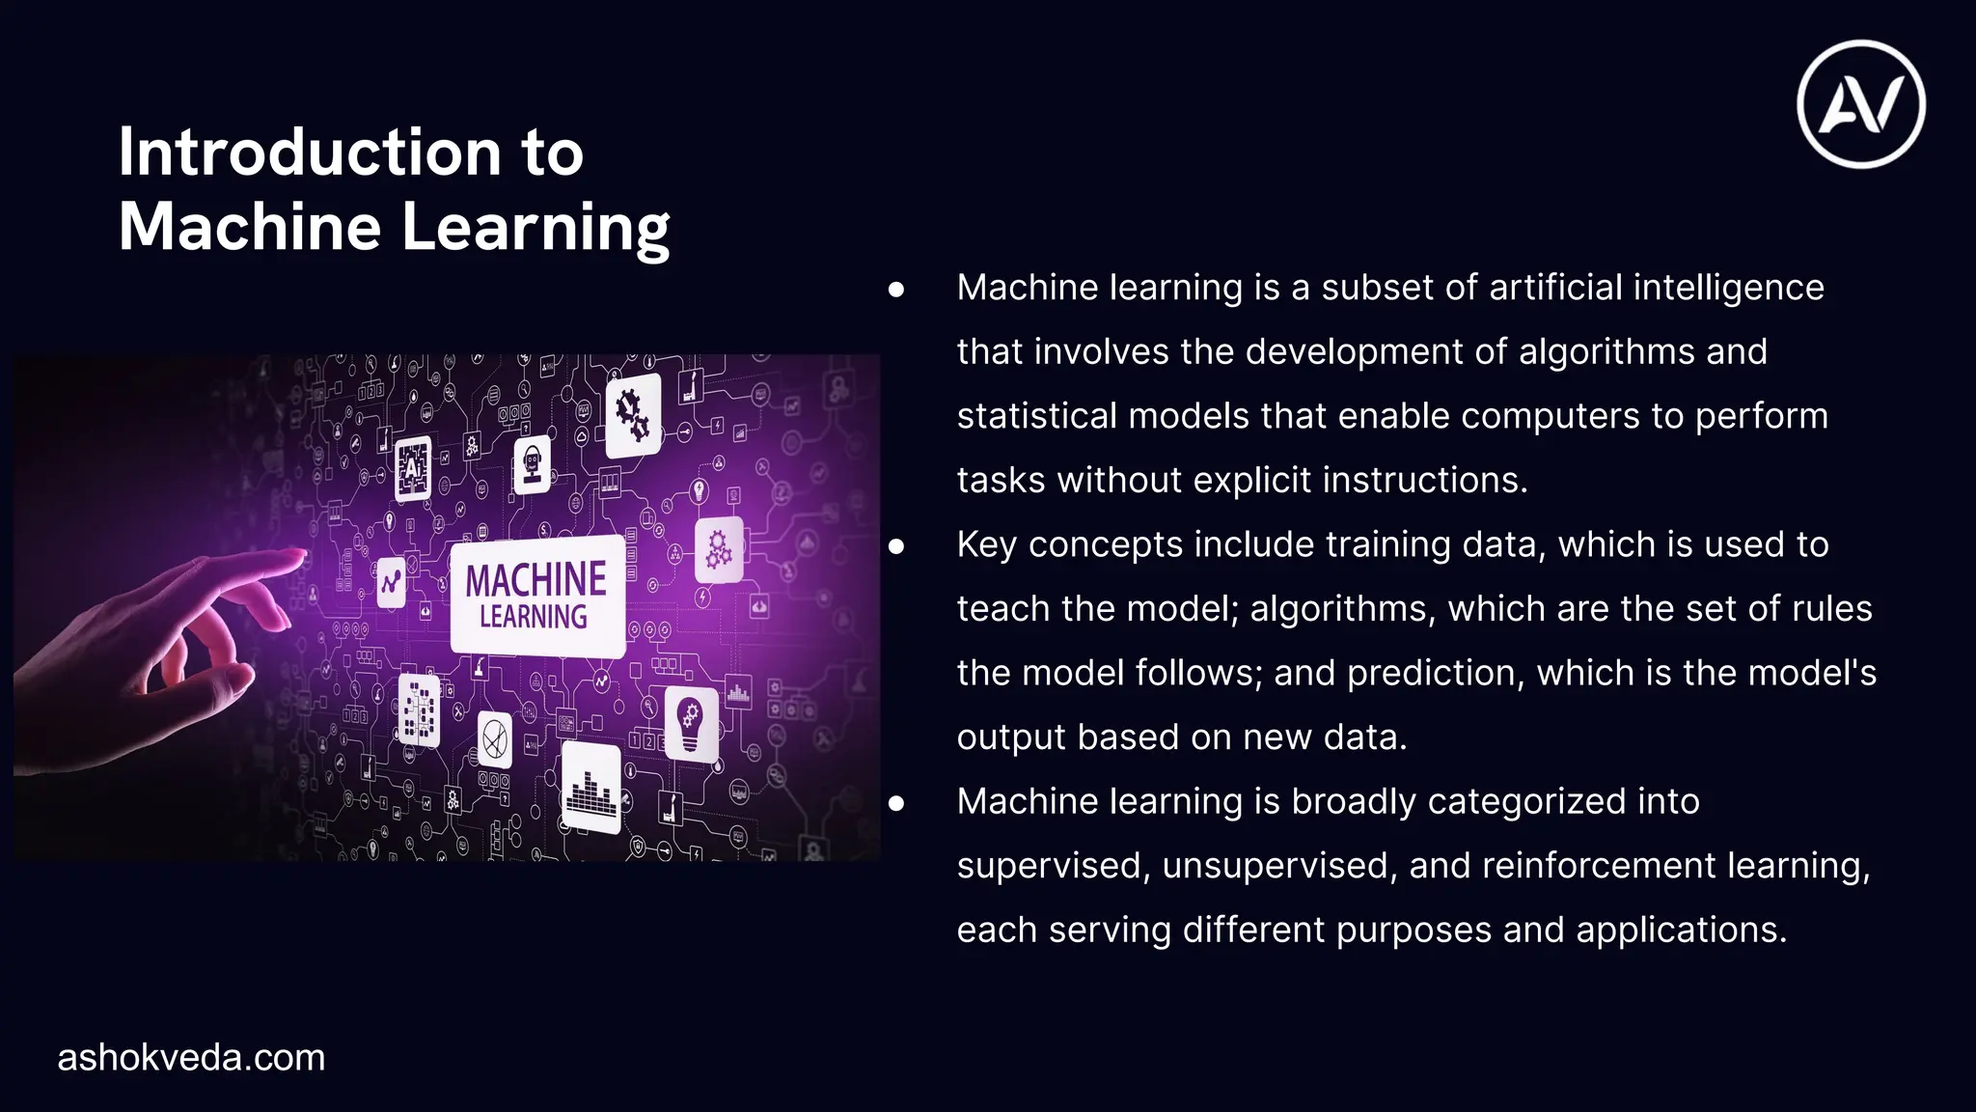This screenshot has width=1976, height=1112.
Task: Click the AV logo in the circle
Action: (x=1860, y=104)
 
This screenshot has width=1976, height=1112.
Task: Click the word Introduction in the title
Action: (x=310, y=153)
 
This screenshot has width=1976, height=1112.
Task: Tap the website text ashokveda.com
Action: (x=191, y=1058)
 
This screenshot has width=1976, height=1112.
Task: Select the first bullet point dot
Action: (x=896, y=289)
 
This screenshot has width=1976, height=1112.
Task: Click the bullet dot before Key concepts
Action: (x=896, y=546)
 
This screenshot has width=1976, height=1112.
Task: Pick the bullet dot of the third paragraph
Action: (x=896, y=803)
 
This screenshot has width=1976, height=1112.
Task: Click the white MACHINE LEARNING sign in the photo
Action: (x=536, y=596)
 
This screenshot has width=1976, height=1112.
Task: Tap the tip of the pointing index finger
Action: (x=297, y=555)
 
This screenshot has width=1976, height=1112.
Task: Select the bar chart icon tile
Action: (x=590, y=789)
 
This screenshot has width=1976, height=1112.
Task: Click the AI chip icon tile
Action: (x=413, y=468)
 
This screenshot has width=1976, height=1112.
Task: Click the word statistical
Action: (x=1036, y=416)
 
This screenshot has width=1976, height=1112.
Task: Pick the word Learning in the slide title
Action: (x=535, y=228)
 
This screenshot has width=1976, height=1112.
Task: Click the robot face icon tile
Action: (x=532, y=464)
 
